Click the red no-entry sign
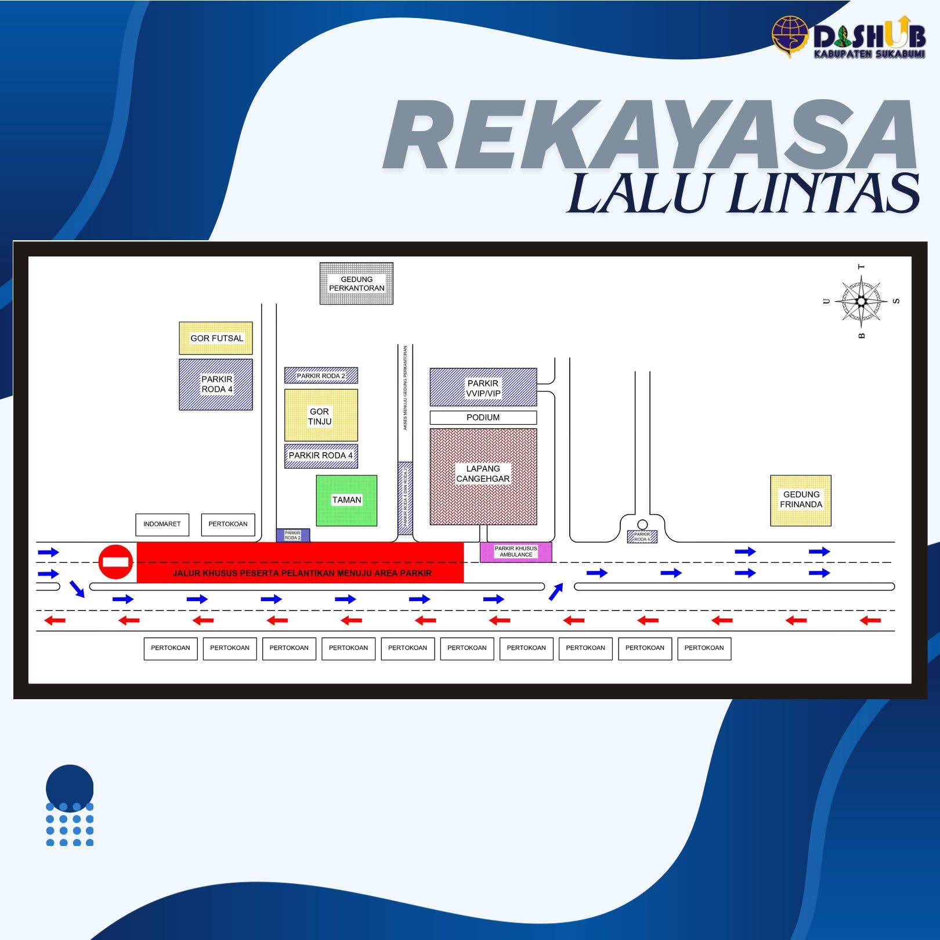116,562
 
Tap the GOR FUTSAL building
216,338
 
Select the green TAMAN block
346,500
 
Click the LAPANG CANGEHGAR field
483,476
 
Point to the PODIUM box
483,417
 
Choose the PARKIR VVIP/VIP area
483,387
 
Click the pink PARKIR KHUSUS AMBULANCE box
515,552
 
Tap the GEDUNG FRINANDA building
801,501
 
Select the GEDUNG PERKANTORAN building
356,283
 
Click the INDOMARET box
162,524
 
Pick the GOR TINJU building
321,415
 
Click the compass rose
861,301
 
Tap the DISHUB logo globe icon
790,36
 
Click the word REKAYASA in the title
650,135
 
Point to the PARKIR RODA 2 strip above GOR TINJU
321,375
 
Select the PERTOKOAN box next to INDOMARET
228,524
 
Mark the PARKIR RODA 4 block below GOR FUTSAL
216,385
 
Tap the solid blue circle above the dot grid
70,784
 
